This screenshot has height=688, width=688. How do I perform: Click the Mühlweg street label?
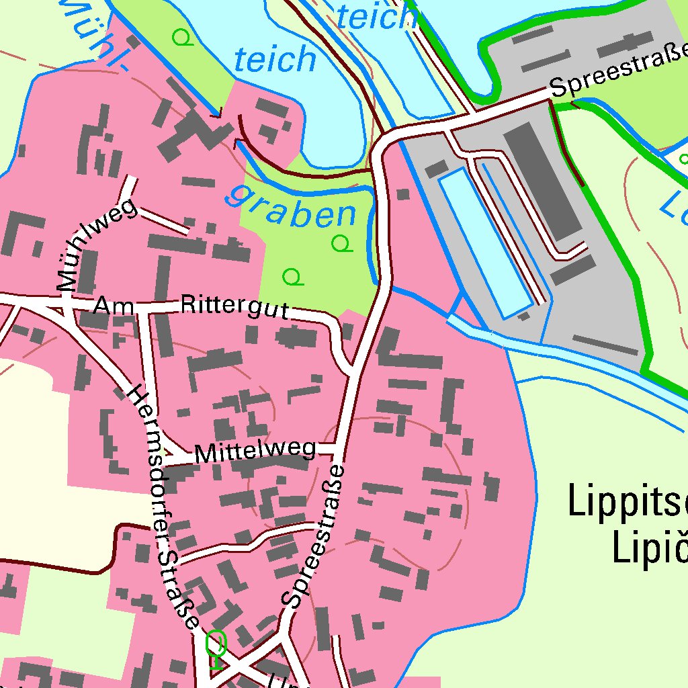(97, 245)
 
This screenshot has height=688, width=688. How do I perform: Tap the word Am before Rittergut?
(110, 306)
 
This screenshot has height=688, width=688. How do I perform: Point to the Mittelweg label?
(255, 451)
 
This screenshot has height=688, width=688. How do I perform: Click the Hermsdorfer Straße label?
(164, 507)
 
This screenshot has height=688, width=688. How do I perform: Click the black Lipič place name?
(648, 548)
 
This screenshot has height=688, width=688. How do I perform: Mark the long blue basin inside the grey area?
(484, 242)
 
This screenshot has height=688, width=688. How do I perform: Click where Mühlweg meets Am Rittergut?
(64, 301)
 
